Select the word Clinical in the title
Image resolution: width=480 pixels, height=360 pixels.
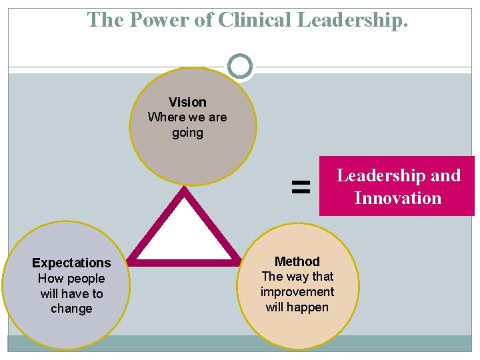(254, 20)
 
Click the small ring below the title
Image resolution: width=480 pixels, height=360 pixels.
(240, 66)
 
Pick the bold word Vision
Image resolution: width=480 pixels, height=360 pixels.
(187, 102)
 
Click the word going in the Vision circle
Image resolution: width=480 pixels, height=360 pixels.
(187, 133)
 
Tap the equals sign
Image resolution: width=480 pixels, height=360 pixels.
(301, 187)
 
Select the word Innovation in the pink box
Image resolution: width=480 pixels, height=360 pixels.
(398, 198)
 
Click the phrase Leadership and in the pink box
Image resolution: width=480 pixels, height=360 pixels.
(398, 175)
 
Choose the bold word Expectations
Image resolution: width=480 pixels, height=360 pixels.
(71, 263)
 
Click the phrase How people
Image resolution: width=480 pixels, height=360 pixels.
(71, 278)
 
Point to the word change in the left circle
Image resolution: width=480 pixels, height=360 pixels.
(71, 309)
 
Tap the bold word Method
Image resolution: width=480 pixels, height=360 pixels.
(297, 261)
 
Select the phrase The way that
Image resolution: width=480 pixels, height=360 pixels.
(297, 276)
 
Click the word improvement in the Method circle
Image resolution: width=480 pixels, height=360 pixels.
(297, 292)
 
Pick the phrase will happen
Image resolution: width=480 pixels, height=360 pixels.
(297, 307)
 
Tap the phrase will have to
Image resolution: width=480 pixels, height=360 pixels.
(71, 293)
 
